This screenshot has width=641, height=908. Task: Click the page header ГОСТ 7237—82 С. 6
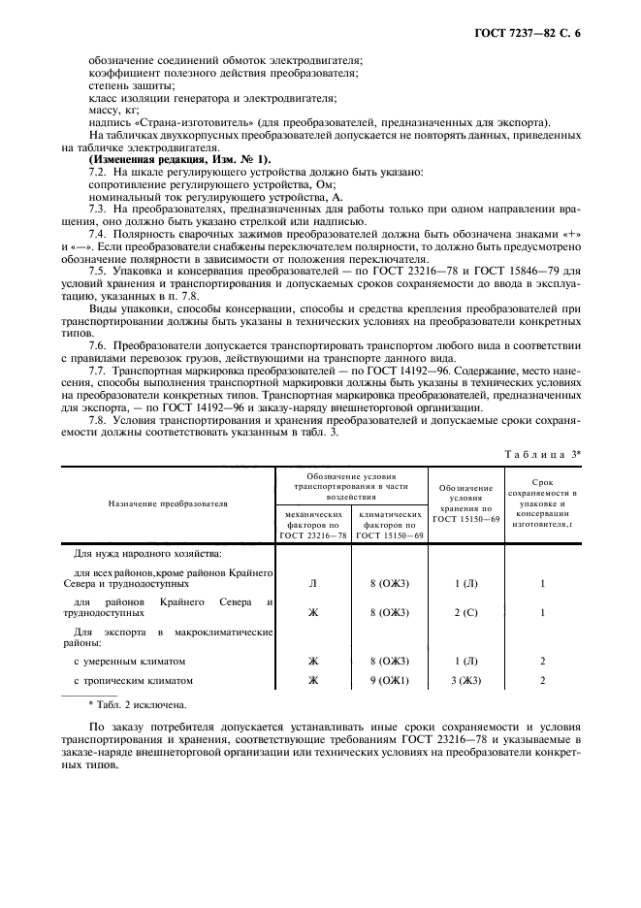tap(546, 35)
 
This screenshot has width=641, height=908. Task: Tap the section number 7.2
tap(98, 172)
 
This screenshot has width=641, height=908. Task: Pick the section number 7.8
tap(98, 422)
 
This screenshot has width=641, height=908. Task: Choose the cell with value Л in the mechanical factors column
tap(312, 584)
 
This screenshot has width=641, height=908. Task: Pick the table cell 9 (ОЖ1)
tap(389, 681)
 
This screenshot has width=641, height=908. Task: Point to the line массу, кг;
tap(113, 110)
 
